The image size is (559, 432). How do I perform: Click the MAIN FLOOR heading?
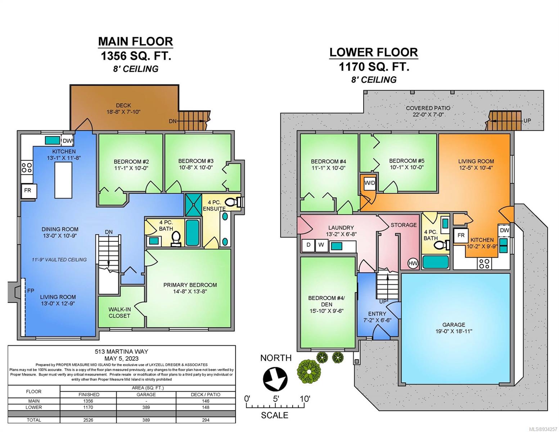[x=135, y=41]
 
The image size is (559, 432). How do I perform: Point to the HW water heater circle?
[x=413, y=263]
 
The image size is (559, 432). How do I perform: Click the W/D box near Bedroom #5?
[x=369, y=183]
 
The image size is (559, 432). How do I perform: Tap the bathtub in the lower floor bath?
[x=436, y=262]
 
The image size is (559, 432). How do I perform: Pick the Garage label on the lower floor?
[x=454, y=325]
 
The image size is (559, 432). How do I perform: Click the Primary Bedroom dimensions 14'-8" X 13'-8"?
[x=190, y=292]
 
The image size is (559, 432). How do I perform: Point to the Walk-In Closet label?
[x=119, y=312]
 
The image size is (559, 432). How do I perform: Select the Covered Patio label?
[x=428, y=108]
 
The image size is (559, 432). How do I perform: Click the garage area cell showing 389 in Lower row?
[x=146, y=407]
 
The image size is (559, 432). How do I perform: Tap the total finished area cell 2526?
[x=88, y=420]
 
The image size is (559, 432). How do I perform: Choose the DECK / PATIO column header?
[x=206, y=395]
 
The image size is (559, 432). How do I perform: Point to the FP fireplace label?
[x=31, y=291]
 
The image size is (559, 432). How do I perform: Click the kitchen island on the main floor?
[x=63, y=180]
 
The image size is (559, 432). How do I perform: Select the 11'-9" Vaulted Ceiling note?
[x=59, y=260]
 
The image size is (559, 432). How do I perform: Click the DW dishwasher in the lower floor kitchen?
[x=504, y=230]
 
